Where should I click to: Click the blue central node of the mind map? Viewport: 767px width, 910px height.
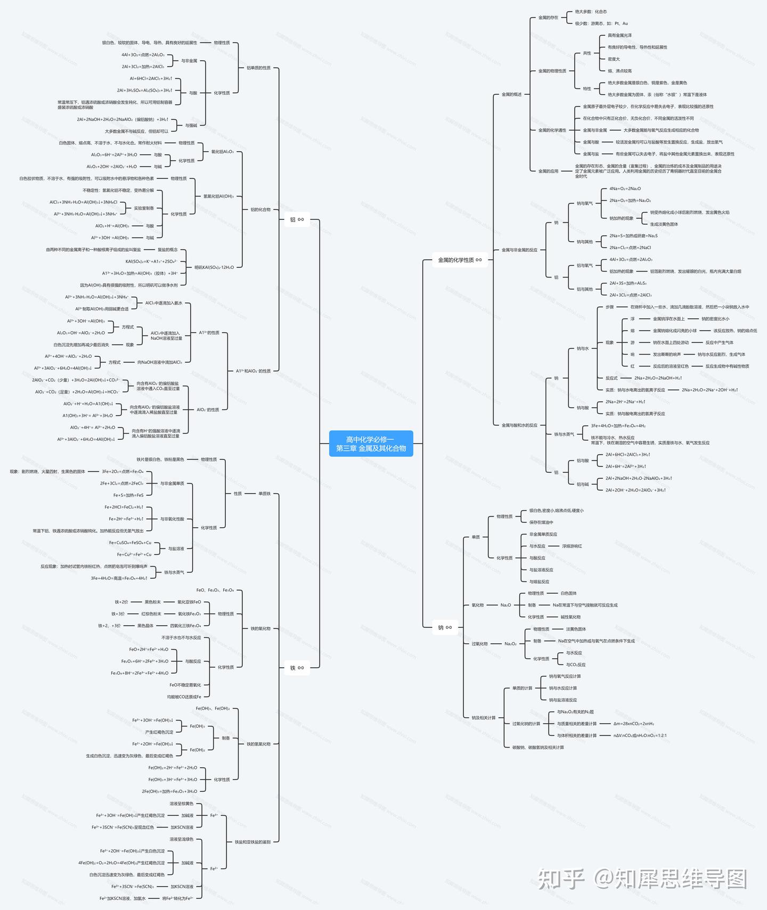point(371,444)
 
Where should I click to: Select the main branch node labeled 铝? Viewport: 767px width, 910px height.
point(297,219)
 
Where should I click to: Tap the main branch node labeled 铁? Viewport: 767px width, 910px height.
point(297,668)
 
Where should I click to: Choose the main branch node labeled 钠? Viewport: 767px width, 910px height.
point(444,627)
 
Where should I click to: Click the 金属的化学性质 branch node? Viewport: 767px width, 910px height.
point(459,260)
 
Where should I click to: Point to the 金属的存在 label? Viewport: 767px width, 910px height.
point(548,18)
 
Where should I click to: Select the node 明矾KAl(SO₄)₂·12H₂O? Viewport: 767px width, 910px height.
point(214,267)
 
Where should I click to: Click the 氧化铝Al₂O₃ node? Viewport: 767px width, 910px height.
point(223,152)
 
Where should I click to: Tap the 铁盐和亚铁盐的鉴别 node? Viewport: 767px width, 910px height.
point(252,842)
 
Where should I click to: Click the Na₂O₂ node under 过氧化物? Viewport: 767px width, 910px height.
point(510,644)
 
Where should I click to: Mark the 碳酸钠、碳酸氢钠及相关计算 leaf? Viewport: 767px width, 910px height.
point(538,748)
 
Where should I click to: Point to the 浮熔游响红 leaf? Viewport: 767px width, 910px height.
point(572,546)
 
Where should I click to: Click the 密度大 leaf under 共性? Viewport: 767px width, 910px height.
point(614,59)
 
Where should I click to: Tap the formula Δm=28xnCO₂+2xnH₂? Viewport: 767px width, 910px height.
point(634,724)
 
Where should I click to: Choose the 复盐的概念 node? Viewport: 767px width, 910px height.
point(168,250)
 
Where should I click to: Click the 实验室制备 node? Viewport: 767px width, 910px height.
point(144,208)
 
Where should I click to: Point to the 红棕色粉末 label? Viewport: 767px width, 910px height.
point(151,614)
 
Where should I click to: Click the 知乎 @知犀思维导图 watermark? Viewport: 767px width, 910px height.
point(642,879)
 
